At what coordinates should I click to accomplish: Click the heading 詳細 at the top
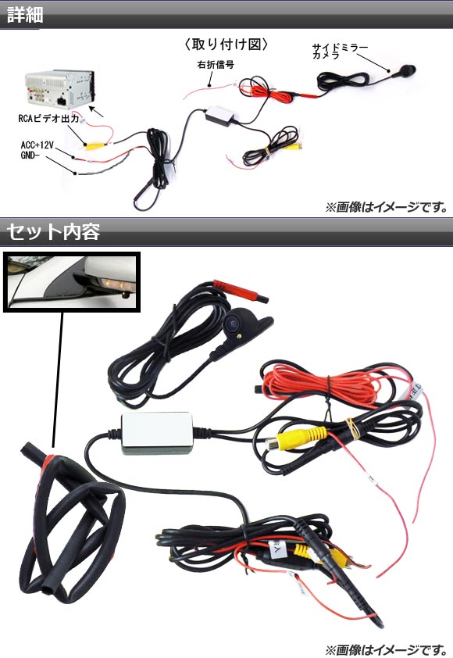(x=25, y=14)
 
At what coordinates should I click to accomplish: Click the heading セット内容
(x=53, y=231)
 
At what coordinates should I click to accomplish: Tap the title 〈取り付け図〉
(x=226, y=44)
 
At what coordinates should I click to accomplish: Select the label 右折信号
(x=216, y=65)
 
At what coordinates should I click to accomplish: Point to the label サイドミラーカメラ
(x=339, y=52)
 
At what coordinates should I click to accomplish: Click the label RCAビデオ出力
(x=48, y=119)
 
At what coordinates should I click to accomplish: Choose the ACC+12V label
(x=37, y=145)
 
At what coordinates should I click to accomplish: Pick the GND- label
(x=30, y=156)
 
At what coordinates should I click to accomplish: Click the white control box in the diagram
(x=219, y=113)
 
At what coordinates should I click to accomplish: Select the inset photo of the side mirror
(x=72, y=281)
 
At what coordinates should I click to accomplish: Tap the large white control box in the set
(x=157, y=433)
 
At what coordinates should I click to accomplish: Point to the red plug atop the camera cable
(x=241, y=291)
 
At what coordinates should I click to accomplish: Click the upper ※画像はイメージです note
(x=387, y=206)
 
